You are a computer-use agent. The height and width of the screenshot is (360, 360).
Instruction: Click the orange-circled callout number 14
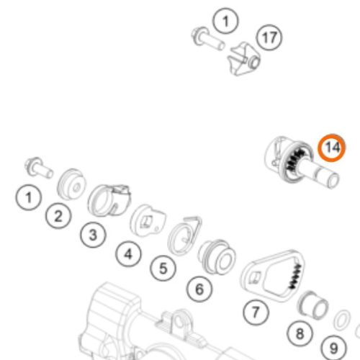tap(332, 148)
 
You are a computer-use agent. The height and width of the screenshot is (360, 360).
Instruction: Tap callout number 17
tap(269, 37)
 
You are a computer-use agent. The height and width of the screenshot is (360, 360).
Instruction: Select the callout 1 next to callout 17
tap(225, 21)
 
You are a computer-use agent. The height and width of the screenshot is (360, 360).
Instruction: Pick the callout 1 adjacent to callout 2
tap(29, 197)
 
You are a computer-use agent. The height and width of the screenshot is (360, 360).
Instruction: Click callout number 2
tap(58, 216)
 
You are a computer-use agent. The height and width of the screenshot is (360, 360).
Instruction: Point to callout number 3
tap(93, 235)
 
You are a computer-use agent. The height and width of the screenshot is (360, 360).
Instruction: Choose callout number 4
tap(128, 253)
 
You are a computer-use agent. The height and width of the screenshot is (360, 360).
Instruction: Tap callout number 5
tap(163, 268)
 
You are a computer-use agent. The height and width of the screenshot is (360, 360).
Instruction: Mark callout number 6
tap(199, 289)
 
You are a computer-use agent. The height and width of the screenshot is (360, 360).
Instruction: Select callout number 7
tap(256, 312)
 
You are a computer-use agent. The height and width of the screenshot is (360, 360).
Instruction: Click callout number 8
tap(300, 333)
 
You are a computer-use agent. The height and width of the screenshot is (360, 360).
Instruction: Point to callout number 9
tap(334, 348)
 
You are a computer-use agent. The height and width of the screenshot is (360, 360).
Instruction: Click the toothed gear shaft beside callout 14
tap(300, 163)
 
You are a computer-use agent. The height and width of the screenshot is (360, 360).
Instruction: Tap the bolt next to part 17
tap(208, 38)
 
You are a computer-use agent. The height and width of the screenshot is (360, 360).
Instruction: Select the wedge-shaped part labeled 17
tap(243, 59)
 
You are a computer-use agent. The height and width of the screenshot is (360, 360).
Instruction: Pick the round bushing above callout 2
tap(71, 184)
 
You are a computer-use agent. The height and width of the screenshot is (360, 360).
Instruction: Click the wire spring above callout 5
tap(184, 235)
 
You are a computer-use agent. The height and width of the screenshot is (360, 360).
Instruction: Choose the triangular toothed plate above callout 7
tap(273, 276)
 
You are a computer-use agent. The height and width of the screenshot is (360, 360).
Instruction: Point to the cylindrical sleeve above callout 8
tap(312, 305)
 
